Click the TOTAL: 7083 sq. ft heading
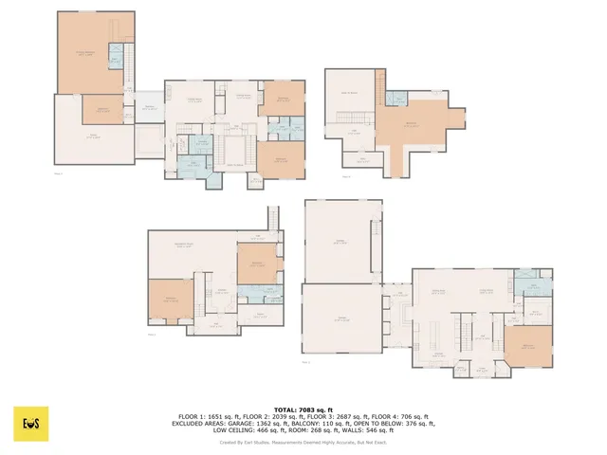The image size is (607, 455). click(303, 409)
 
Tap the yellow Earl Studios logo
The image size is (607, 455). click(30, 424)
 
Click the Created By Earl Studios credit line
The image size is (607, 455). click(303, 442)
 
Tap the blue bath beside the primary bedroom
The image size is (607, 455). click(115, 54)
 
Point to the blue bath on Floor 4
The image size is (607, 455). click(396, 99)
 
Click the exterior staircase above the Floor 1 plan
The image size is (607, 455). click(273, 217)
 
